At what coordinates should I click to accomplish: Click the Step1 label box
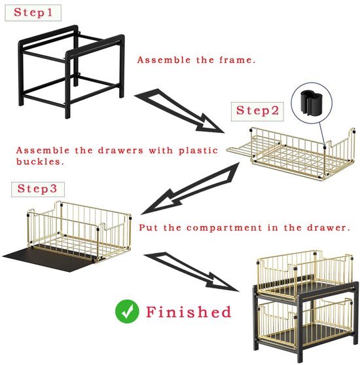coord(33,13)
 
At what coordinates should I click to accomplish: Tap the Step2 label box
coord(257,111)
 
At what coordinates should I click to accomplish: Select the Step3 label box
coord(38,189)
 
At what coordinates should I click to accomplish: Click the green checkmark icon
coord(127,311)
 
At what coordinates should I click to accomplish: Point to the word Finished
coord(189,312)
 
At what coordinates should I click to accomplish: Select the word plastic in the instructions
coord(198,150)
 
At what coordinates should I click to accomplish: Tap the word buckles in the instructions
coord(40,161)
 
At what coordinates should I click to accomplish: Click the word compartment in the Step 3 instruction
coord(225,227)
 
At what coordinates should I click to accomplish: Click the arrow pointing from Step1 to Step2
coord(179,110)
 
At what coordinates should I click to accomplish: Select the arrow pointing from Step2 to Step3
coord(190,189)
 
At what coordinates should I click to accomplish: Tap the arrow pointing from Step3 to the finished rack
coord(190,271)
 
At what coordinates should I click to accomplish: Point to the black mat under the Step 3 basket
coord(50,258)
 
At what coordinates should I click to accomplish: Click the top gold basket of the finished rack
coord(305,275)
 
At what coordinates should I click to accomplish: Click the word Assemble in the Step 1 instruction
coord(164,60)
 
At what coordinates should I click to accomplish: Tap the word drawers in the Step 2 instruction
coord(120,150)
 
